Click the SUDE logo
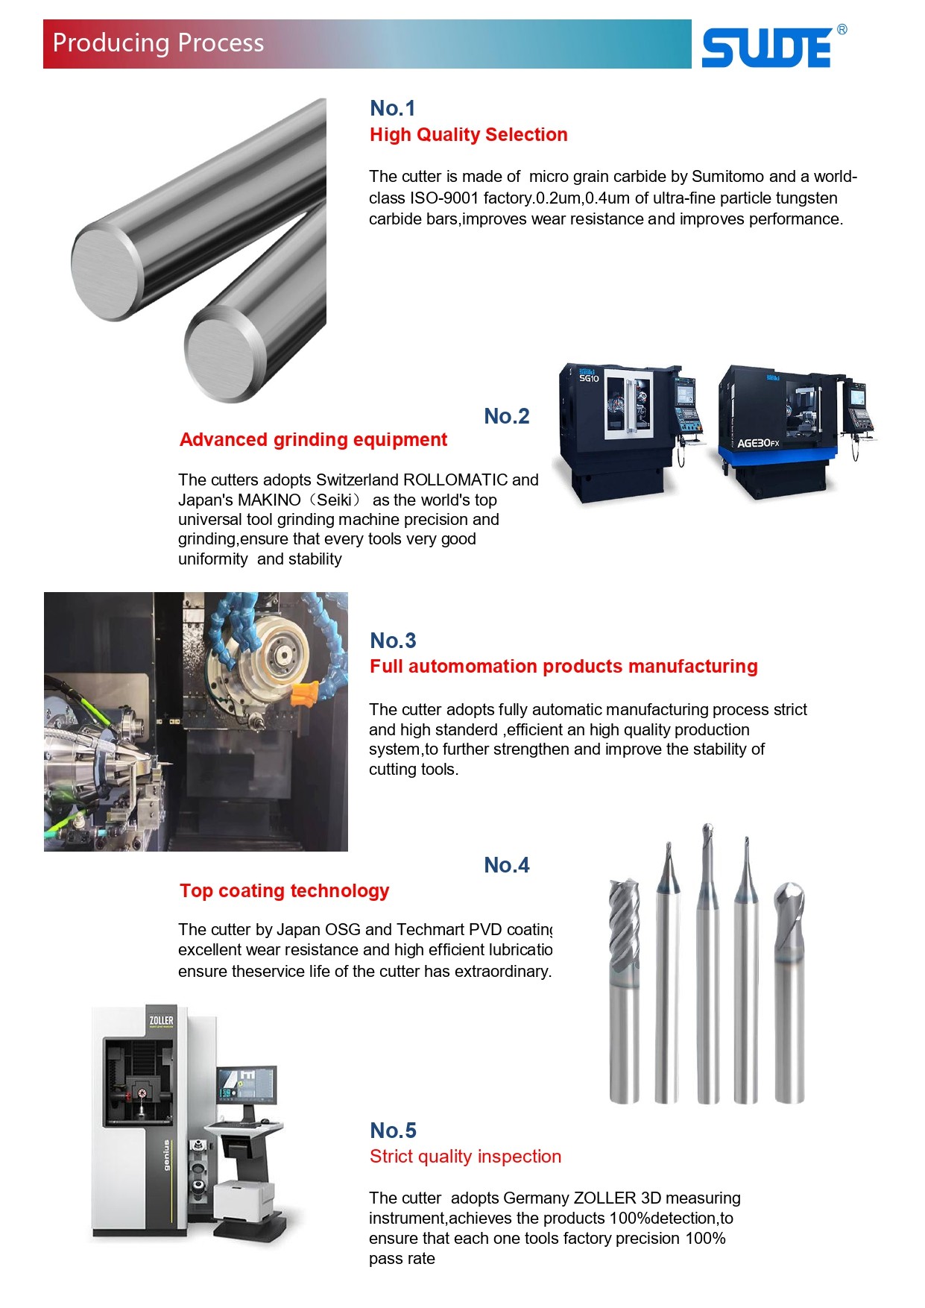coord(768,48)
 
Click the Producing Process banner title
coord(158,43)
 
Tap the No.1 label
coord(392,109)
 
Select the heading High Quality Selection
coord(468,135)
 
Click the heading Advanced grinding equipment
coord(313,440)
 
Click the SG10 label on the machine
coord(589,378)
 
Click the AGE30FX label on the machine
coord(757,443)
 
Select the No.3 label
coord(393,641)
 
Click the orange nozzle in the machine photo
coord(303,693)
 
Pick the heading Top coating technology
coord(284,891)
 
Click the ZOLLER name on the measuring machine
coord(161,1020)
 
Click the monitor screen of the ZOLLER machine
coord(246,1085)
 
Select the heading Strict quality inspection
coord(465,1157)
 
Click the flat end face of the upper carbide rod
coord(107,272)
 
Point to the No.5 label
coord(393,1131)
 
